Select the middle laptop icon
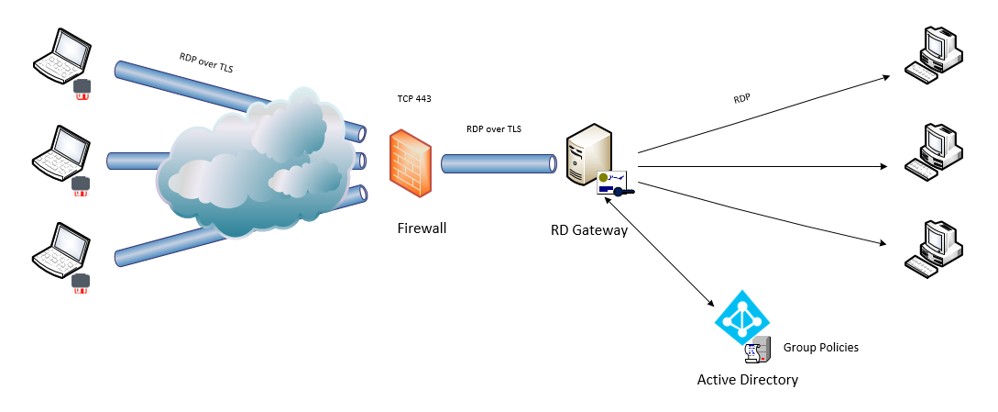(61, 150)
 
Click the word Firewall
(422, 228)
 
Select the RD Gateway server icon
(587, 156)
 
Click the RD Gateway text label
(588, 230)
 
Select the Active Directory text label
(747, 379)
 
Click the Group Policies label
(820, 348)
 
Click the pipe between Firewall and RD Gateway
(499, 164)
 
